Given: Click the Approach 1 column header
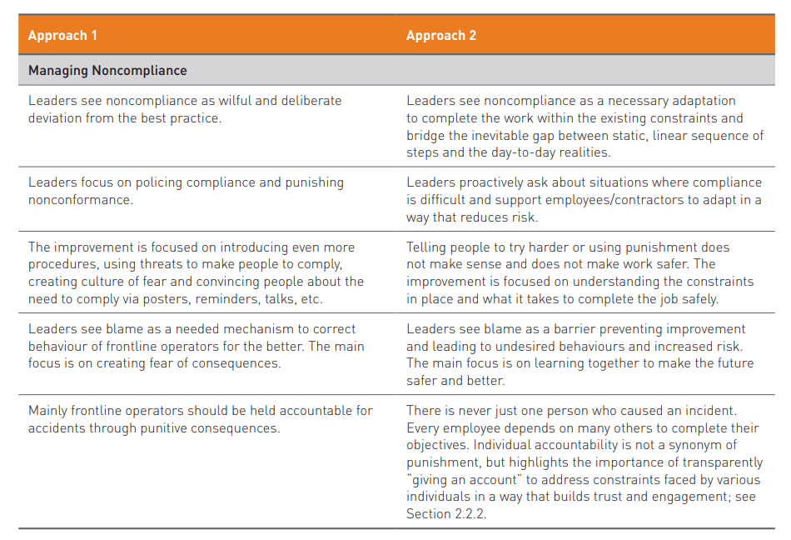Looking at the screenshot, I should point(62,36).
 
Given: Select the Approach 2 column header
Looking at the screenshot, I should point(441,36).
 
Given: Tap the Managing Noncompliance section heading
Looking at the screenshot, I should point(107,71).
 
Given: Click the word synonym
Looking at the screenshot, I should point(707,445).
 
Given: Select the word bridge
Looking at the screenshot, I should point(426,136).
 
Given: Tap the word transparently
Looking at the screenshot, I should point(719,462).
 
